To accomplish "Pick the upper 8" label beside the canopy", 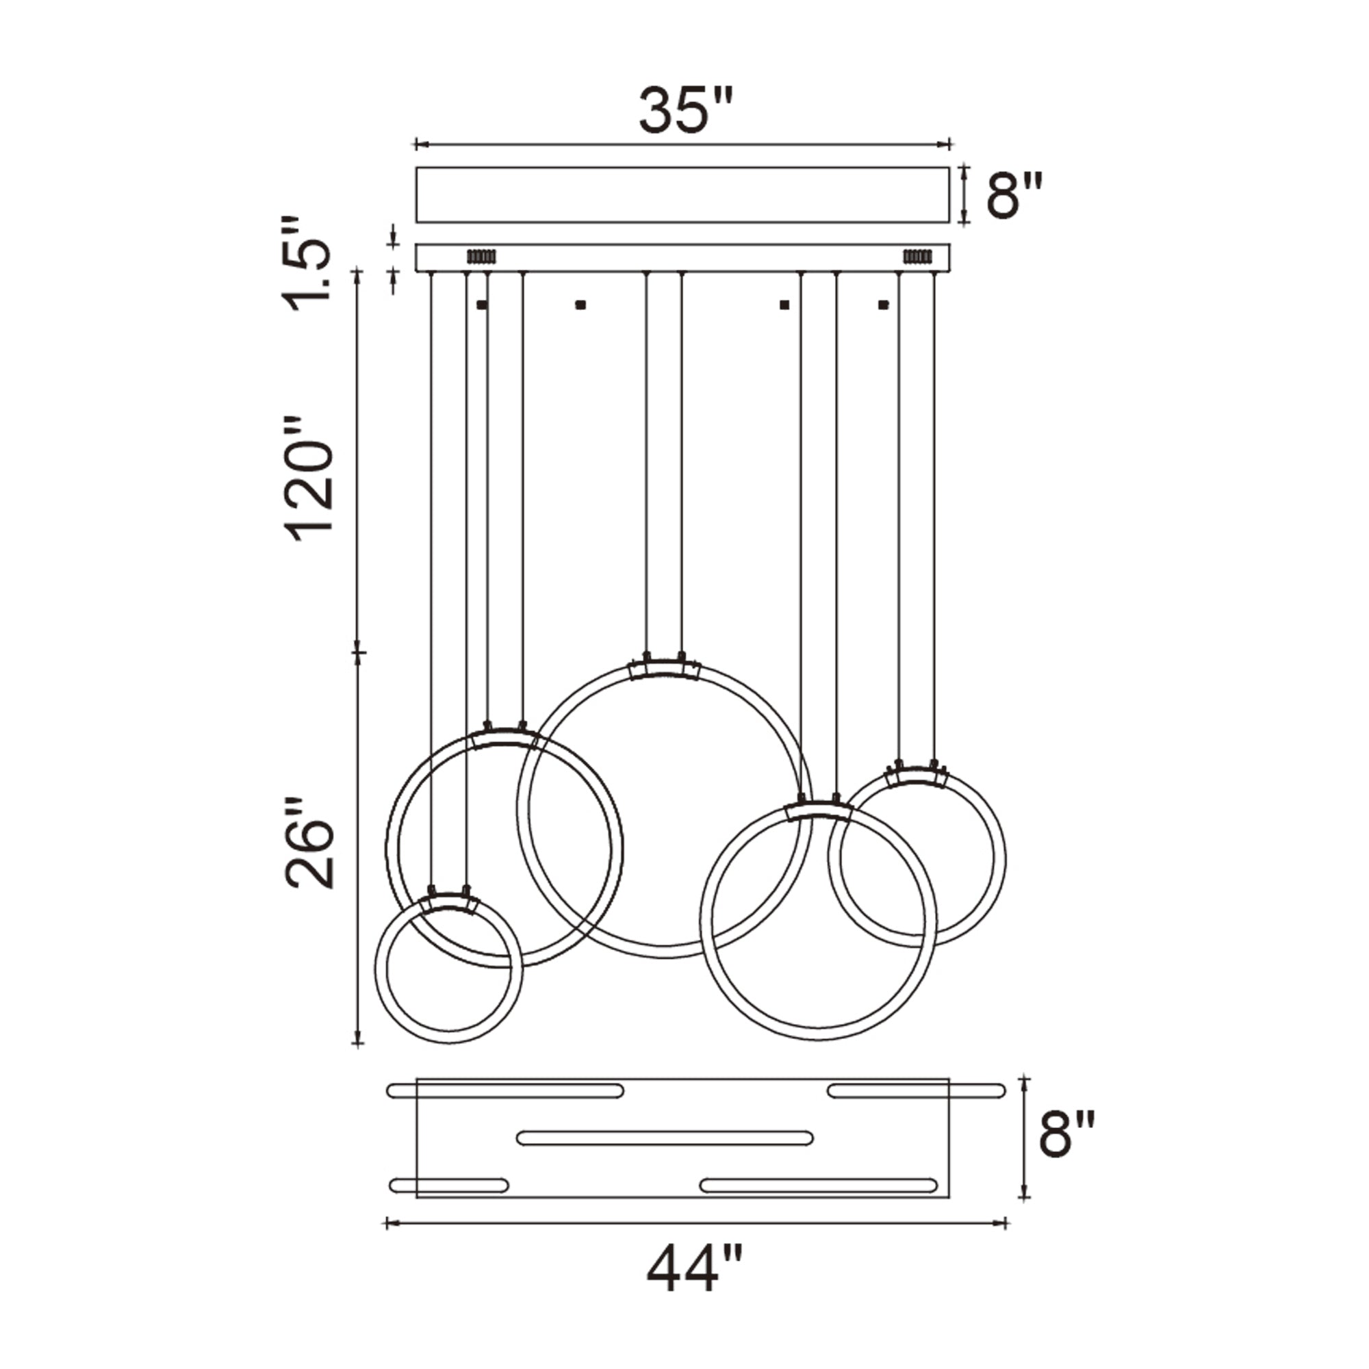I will tap(1014, 196).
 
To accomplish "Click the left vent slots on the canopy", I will tap(481, 256).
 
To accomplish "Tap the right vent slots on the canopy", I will tap(917, 256).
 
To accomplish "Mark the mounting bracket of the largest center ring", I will tap(665, 669).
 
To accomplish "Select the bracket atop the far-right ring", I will tap(917, 778).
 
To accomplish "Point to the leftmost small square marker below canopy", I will tap(482, 305).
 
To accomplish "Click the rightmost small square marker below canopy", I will tap(883, 305).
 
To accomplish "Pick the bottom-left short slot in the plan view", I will tap(449, 1186).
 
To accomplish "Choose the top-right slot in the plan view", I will tap(917, 1090).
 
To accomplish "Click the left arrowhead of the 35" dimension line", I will tap(419, 145).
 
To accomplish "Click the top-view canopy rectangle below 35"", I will tap(682, 195).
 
